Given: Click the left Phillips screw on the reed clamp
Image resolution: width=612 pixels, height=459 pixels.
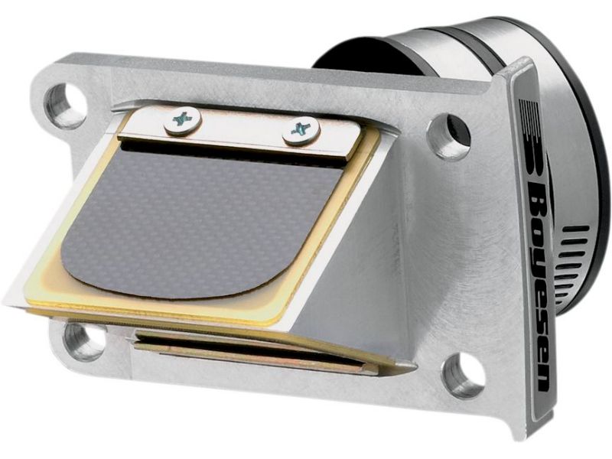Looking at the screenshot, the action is pyautogui.click(x=183, y=120).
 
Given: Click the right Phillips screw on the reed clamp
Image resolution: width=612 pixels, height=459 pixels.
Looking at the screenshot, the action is pyautogui.click(x=301, y=130).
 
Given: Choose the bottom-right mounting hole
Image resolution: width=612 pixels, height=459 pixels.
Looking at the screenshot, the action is pyautogui.click(x=463, y=369).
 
